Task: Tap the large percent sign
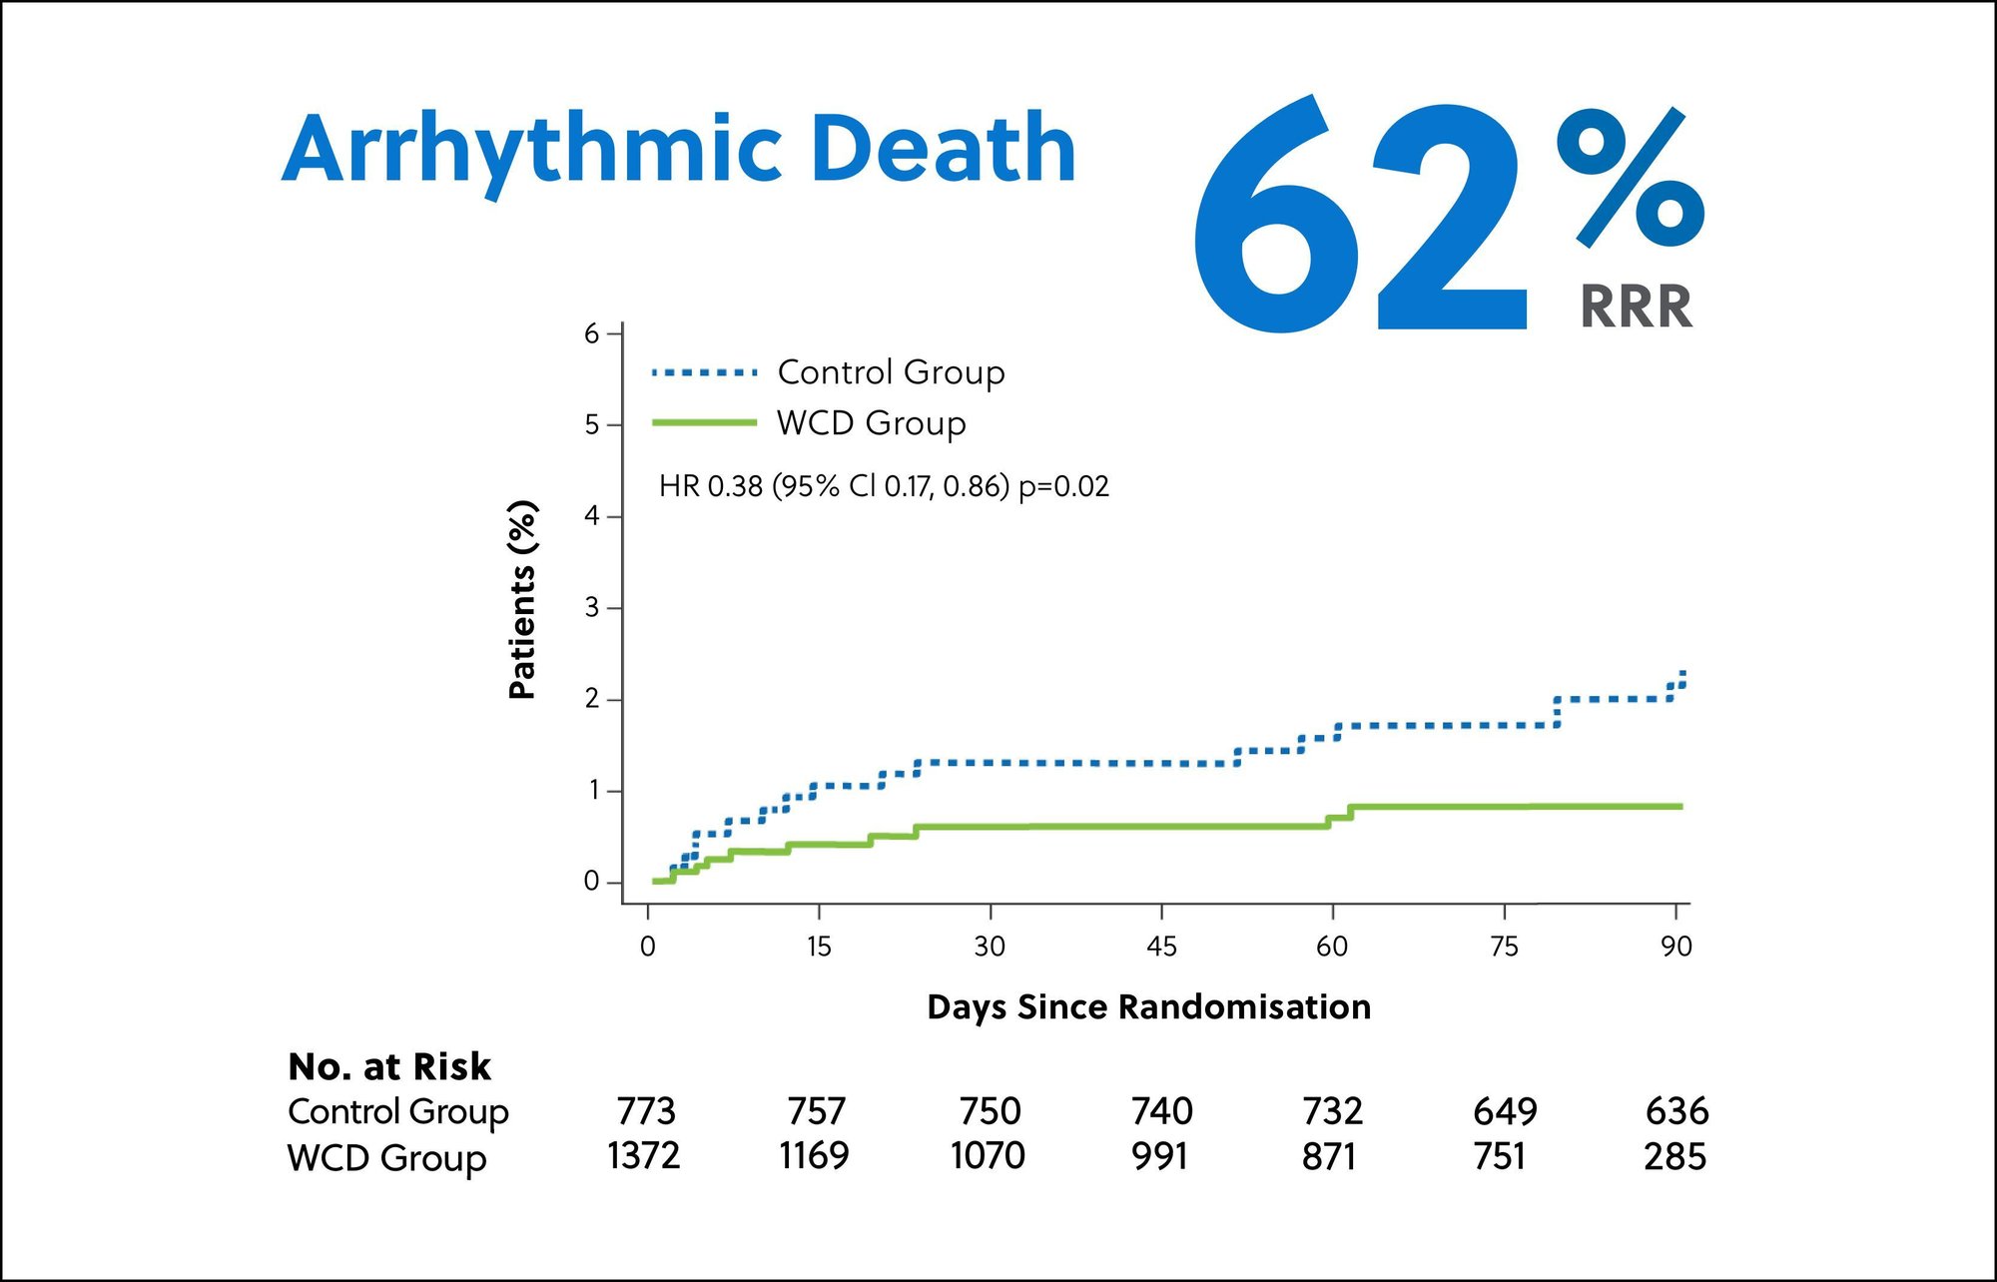click(x=1630, y=178)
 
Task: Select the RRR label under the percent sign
click(x=1636, y=307)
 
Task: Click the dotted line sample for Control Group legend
click(x=704, y=372)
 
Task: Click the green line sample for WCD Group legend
click(x=704, y=423)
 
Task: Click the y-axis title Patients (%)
click(x=522, y=599)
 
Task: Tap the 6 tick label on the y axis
click(x=592, y=333)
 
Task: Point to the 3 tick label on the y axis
click(x=592, y=608)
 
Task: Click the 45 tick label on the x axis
click(x=1161, y=947)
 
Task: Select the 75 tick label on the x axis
click(x=1504, y=947)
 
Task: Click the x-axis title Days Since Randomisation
click(x=1148, y=1006)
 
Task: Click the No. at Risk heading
click(x=389, y=1066)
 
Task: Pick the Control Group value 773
click(x=646, y=1111)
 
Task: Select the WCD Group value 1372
click(x=644, y=1156)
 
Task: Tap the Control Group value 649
click(x=1505, y=1111)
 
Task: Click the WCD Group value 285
click(x=1674, y=1157)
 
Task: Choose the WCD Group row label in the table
click(x=386, y=1158)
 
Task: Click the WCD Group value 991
click(x=1159, y=1156)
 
